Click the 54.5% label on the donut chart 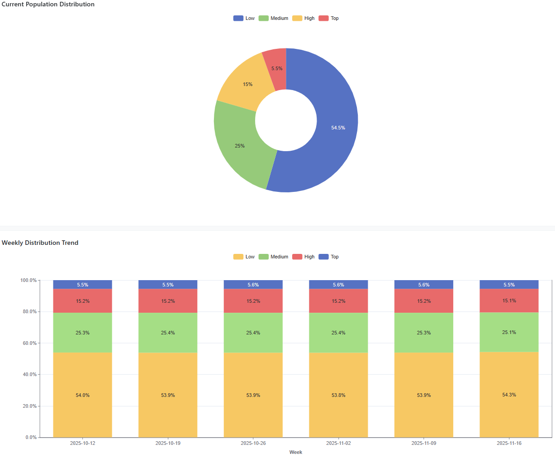click(338, 128)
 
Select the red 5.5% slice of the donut click(275, 68)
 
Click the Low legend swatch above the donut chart click(238, 19)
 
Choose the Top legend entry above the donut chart click(329, 19)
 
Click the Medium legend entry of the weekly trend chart click(274, 257)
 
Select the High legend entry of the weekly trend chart click(304, 257)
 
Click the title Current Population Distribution click(48, 5)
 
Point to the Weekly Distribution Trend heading click(40, 243)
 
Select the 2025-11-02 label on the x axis click(338, 443)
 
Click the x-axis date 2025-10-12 click(82, 443)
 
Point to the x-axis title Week click(296, 452)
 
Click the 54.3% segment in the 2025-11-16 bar click(509, 395)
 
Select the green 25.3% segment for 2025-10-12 click(82, 333)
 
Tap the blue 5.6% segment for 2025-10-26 click(253, 285)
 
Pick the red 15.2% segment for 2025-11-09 click(424, 301)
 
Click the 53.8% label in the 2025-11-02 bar click(338, 395)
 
